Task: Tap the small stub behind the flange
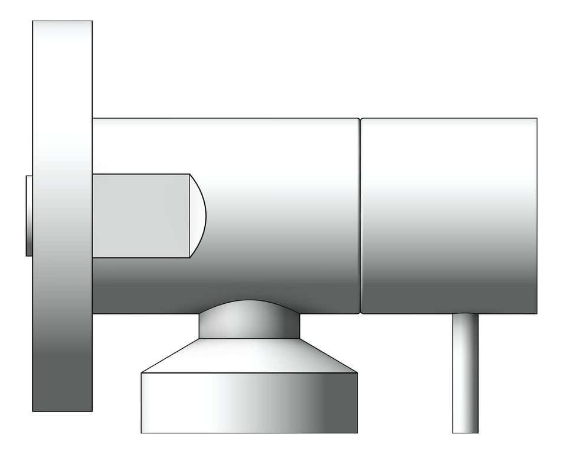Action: [x=29, y=216]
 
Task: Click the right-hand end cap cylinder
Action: [x=449, y=216]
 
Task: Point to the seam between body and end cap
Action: [x=360, y=216]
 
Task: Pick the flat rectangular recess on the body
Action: [x=140, y=216]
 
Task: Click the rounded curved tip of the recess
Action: [x=198, y=216]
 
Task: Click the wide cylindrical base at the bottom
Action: [x=249, y=403]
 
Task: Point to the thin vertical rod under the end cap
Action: [x=465, y=372]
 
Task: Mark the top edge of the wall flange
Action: [x=62, y=21]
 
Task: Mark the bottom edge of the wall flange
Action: [x=62, y=411]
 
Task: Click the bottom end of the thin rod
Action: [x=465, y=432]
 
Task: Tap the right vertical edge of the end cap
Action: [x=536, y=216]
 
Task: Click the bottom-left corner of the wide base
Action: [x=142, y=432]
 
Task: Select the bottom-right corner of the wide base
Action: [x=357, y=432]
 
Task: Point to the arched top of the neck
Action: [x=249, y=301]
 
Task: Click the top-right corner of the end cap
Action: [x=536, y=119]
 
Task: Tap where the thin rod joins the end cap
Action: [x=465, y=314]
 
